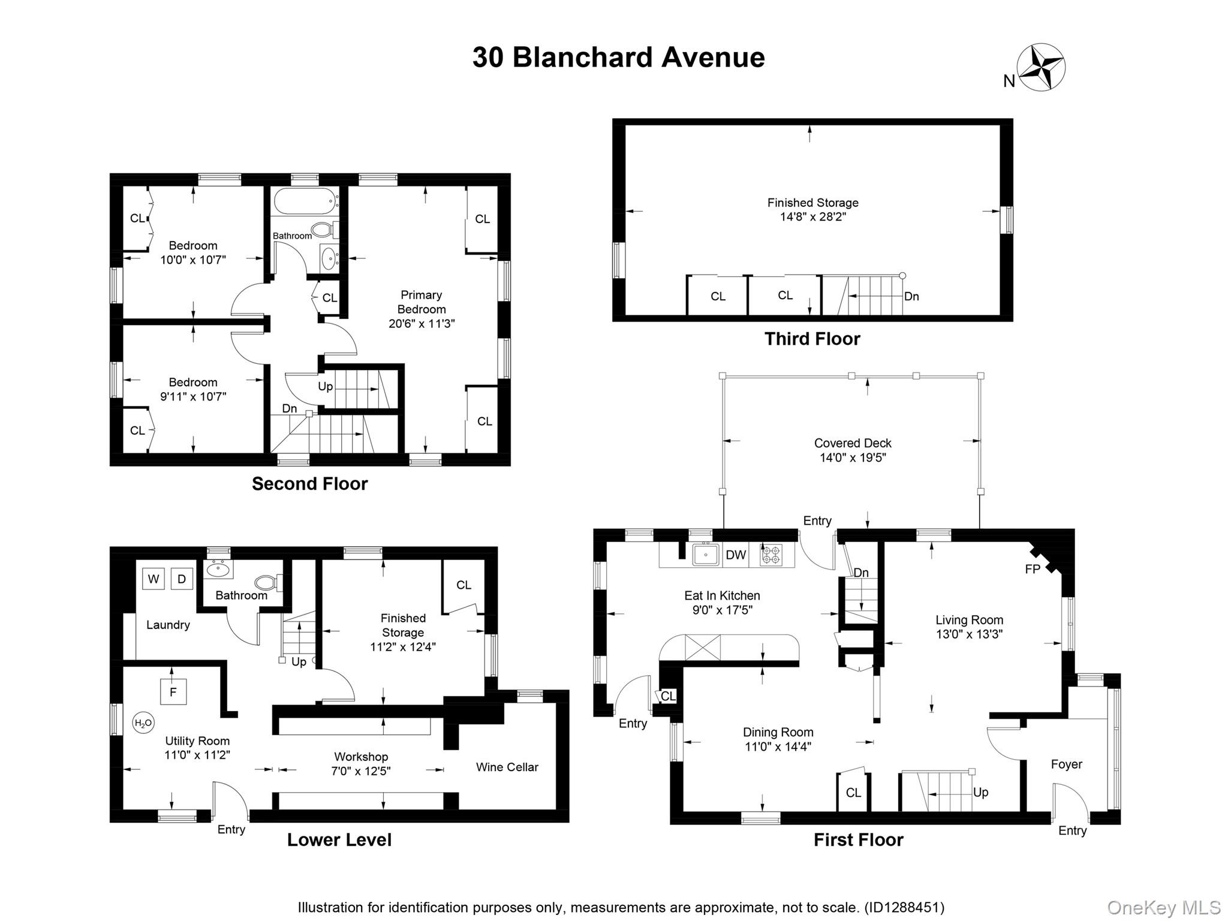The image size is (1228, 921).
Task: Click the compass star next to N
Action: pyautogui.click(x=1041, y=67)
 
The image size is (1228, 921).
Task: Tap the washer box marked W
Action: pyautogui.click(x=153, y=579)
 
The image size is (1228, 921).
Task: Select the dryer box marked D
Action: pyautogui.click(x=182, y=579)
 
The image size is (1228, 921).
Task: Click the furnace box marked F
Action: pyautogui.click(x=173, y=692)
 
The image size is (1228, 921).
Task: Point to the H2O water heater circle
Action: pyautogui.click(x=143, y=723)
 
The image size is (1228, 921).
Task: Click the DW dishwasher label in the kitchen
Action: pyautogui.click(x=736, y=555)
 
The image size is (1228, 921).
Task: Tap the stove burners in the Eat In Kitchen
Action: pyautogui.click(x=771, y=555)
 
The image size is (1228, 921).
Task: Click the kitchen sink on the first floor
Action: pyautogui.click(x=707, y=555)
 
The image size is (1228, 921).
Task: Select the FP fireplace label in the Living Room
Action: pyautogui.click(x=1032, y=569)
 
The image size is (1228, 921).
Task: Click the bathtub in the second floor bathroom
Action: pyautogui.click(x=304, y=201)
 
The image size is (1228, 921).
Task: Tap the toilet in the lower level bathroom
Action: pyautogui.click(x=267, y=582)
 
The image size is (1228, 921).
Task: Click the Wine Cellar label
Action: pyautogui.click(x=507, y=767)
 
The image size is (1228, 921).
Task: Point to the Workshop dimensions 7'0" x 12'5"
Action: pyautogui.click(x=361, y=771)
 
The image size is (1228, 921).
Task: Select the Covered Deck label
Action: pyautogui.click(x=853, y=443)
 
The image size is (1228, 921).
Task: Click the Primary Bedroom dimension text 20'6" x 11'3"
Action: pyautogui.click(x=422, y=324)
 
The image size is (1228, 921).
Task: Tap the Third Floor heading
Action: pyautogui.click(x=812, y=339)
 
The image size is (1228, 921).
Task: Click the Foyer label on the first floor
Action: pyautogui.click(x=1067, y=765)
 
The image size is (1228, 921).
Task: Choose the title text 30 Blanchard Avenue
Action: pyautogui.click(x=619, y=58)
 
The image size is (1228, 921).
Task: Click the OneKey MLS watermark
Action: pyautogui.click(x=1164, y=907)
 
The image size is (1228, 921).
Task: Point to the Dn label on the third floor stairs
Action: pyautogui.click(x=911, y=296)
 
